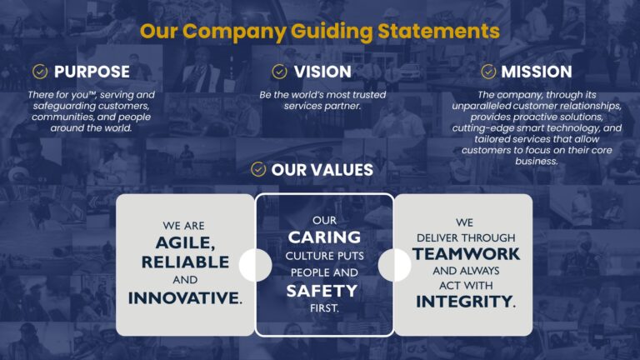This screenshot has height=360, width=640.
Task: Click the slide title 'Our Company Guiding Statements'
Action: click(320, 32)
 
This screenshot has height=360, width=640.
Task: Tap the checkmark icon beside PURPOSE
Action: click(39, 72)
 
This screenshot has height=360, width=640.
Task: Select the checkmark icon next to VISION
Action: click(279, 72)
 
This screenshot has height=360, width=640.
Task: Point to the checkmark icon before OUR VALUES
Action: click(258, 170)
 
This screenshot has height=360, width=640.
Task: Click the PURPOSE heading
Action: click(92, 72)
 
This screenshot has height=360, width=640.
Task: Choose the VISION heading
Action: click(322, 72)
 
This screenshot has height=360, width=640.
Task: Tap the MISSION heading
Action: click(536, 72)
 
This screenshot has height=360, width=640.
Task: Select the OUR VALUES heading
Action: click(322, 170)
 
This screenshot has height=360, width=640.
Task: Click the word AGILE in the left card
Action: click(183, 242)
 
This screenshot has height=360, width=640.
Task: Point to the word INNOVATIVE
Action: click(182, 297)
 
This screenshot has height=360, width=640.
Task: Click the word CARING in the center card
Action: click(324, 237)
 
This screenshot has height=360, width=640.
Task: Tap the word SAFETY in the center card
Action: click(322, 291)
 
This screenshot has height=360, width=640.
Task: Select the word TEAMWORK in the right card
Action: click(466, 253)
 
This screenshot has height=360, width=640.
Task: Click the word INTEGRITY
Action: click(464, 302)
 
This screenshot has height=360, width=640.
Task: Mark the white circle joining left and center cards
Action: click(255, 265)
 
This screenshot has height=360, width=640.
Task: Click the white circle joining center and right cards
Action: click(394, 265)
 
